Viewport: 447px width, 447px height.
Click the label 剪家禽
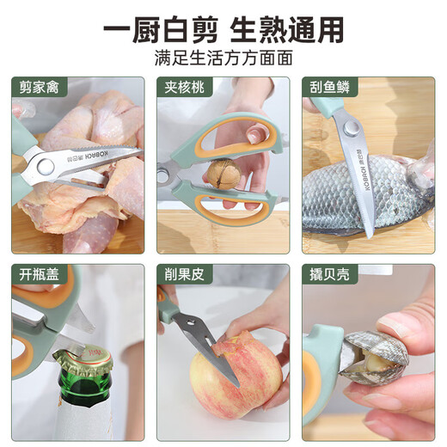coord(39,87)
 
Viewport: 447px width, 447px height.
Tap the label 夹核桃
coord(184,87)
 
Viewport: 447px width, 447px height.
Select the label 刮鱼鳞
coord(329,87)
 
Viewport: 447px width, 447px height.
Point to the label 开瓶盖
coord(39,274)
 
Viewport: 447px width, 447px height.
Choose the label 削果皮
coord(184,274)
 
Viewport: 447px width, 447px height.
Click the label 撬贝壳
coord(329,274)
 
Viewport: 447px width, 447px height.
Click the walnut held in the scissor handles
coord(223,174)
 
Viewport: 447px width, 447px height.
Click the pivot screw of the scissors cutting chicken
coord(46,167)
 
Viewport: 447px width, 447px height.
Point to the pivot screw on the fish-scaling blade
coord(352,128)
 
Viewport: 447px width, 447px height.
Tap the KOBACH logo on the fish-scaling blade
coord(362,169)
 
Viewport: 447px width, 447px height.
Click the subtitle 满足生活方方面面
coord(223,58)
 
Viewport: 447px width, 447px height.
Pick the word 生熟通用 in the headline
coord(287,30)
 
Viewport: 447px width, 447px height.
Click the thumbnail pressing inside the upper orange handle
coord(255,135)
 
